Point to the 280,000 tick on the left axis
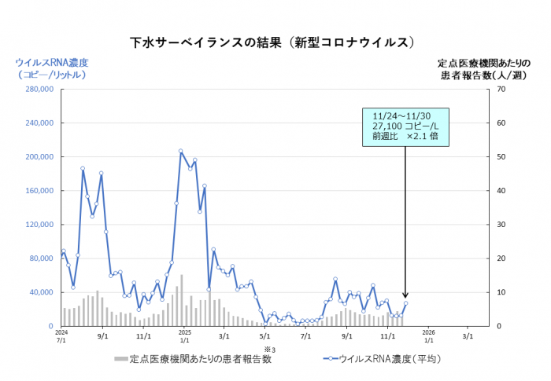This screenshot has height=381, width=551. coord(39,90)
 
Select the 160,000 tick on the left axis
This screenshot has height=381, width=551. coord(39,191)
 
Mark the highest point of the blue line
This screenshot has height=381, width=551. coord(181,151)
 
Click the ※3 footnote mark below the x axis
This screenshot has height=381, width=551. coord(268,348)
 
